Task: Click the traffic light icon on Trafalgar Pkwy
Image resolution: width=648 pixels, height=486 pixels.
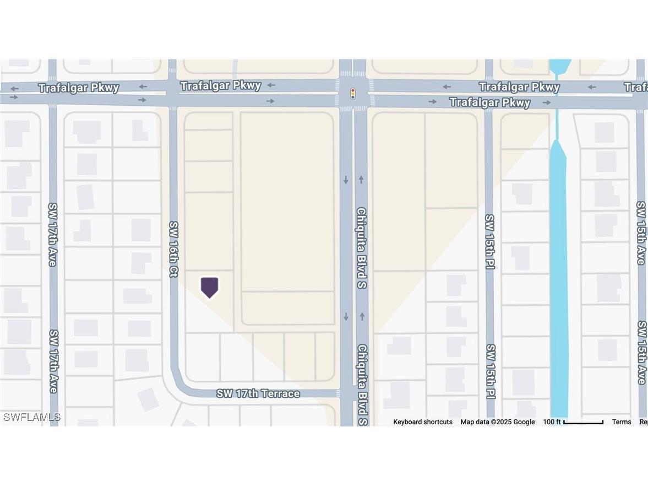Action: pos(352,94)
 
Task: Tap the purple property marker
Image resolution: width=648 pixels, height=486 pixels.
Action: pos(209,287)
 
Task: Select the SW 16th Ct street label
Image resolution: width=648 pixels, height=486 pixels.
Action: pos(173,249)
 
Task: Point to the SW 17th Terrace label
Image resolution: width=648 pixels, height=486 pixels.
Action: pos(258,393)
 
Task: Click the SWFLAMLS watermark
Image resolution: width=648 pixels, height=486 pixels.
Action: pos(31,417)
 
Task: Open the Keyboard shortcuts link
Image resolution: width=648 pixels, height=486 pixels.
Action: pos(423,422)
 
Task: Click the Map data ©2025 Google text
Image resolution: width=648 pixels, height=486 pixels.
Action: pos(498,422)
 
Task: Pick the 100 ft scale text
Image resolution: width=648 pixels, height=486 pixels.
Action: pos(552,422)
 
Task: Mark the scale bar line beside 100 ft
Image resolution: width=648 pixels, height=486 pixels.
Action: pos(584,423)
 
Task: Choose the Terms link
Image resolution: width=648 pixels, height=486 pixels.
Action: pos(622,422)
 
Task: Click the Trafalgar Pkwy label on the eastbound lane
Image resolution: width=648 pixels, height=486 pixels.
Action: pos(490,102)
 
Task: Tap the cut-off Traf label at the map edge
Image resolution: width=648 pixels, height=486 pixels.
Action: pos(636,87)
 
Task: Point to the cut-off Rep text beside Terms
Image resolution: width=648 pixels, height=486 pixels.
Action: pos(643,422)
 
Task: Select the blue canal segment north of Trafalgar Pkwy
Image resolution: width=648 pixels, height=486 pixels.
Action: pos(560,67)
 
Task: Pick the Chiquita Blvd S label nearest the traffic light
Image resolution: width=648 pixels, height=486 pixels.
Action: pos(361,248)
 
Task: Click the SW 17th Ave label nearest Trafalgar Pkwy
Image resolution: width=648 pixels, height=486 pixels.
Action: pos(53,234)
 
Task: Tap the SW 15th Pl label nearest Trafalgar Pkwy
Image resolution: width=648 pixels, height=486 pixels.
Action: pos(489,241)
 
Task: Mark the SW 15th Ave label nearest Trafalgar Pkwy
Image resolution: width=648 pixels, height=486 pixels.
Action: pos(640,233)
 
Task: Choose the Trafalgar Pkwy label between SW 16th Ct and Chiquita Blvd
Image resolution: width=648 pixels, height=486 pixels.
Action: pos(221,85)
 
